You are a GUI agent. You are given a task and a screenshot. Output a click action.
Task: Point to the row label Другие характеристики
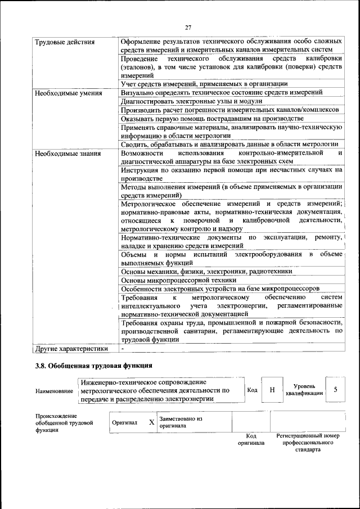point(71,349)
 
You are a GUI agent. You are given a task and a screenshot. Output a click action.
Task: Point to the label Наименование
point(54,391)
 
